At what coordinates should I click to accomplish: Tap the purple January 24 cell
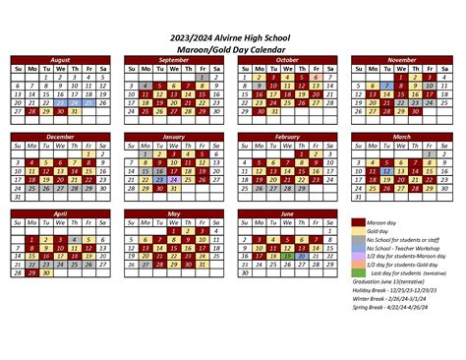click(x=173, y=179)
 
